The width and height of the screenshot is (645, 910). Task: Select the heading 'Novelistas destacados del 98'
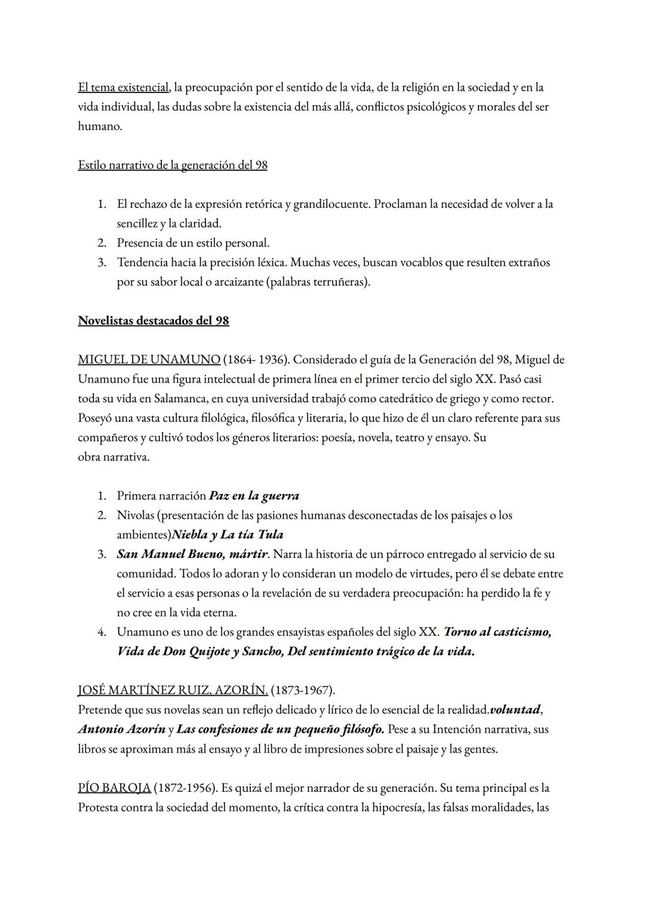coord(153,320)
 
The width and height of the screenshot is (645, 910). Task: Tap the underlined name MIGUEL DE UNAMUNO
coord(149,360)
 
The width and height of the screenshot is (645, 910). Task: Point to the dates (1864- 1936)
coord(256,360)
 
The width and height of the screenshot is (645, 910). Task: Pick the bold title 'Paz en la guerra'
coord(254,496)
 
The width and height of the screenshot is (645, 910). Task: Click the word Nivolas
coord(136,515)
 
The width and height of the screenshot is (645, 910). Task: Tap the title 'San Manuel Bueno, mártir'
coord(192,554)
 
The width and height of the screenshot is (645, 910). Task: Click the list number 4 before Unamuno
coord(102,632)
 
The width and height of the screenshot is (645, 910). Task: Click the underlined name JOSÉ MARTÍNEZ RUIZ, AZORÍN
coord(173,690)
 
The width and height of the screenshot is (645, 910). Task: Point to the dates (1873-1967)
coord(302,690)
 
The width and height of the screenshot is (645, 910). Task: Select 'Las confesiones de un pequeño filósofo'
coord(280,729)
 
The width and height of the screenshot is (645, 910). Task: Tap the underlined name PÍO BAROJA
coord(114,788)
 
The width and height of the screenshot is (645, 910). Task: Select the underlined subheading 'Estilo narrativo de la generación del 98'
coord(173,165)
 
